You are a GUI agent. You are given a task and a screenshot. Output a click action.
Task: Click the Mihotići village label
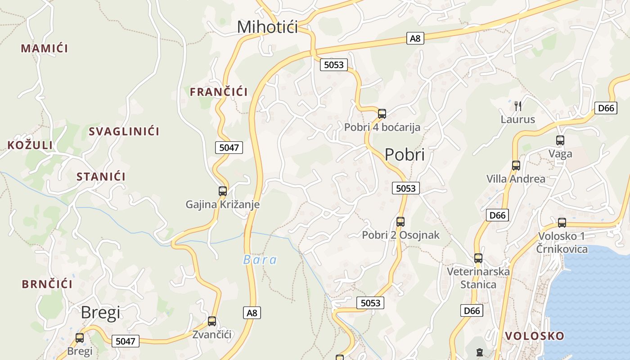(x=267, y=27)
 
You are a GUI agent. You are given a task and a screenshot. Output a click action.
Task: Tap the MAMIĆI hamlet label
(x=44, y=49)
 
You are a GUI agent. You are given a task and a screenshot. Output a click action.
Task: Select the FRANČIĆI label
(x=219, y=92)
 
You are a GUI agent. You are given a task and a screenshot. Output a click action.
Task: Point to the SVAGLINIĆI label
(x=124, y=132)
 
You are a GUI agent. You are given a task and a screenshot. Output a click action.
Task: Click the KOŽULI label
(x=30, y=145)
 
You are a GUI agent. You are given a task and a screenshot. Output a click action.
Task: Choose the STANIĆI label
(x=101, y=177)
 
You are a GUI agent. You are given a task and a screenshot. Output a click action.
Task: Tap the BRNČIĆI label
(x=47, y=284)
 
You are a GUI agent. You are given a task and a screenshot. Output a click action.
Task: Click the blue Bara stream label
(x=260, y=260)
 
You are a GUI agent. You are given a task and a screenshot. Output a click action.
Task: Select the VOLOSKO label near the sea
(x=535, y=336)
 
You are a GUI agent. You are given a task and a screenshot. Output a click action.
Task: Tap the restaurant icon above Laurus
(x=518, y=106)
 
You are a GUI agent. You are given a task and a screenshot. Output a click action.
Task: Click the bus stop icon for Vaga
(x=560, y=140)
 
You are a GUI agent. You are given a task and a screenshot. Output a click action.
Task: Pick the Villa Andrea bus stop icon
(x=516, y=166)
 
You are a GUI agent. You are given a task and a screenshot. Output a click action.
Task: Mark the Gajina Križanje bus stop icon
(x=223, y=191)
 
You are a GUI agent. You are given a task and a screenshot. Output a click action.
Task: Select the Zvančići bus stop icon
(x=212, y=321)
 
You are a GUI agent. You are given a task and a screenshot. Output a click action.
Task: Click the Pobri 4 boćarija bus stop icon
(x=382, y=114)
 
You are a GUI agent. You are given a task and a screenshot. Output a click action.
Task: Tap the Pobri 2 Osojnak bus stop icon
(x=400, y=222)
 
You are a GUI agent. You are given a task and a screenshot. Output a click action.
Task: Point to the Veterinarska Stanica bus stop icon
(x=478, y=258)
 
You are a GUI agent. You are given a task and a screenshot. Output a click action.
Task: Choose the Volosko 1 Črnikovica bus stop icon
(x=562, y=223)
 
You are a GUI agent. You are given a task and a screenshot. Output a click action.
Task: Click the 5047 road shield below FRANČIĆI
(x=229, y=148)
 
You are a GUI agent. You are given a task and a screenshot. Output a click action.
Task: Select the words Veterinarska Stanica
(x=478, y=278)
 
